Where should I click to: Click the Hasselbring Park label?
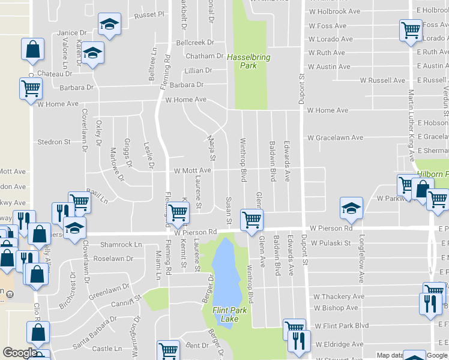[249, 61]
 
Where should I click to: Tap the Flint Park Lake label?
[234, 314]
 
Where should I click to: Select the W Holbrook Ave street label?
[334, 11]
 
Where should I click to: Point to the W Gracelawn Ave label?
[335, 138]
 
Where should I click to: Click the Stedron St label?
[54, 142]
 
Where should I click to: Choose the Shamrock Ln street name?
[121, 245]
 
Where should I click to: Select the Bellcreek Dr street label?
[195, 43]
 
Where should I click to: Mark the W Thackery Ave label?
[339, 296]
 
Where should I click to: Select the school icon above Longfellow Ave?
[351, 208]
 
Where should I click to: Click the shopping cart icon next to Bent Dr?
[169, 350]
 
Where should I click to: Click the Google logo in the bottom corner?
[20, 353]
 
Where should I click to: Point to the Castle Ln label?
[107, 349]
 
